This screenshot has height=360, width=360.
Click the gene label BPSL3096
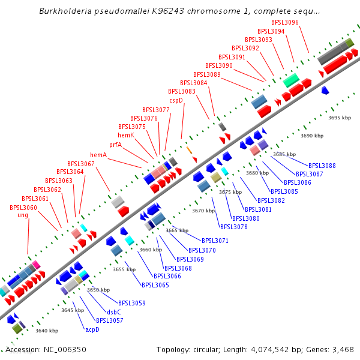[284, 22]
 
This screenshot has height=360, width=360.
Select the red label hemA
[98, 155]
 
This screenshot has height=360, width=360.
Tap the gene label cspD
[176, 100]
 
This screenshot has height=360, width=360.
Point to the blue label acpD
[92, 329]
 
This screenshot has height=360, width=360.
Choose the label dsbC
[114, 312]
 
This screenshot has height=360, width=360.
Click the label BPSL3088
[322, 166]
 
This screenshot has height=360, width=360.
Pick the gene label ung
[23, 215]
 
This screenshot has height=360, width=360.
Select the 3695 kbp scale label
[340, 118]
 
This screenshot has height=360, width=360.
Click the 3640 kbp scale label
[47, 331]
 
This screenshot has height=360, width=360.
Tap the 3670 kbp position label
[203, 211]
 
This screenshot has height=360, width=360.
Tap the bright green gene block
[291, 79]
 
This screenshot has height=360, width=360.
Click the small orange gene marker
[189, 149]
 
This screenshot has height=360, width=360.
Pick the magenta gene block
[37, 264]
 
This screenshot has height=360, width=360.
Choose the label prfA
[115, 145]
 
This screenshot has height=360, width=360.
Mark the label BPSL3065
[155, 285]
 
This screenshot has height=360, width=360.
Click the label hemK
[126, 136]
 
